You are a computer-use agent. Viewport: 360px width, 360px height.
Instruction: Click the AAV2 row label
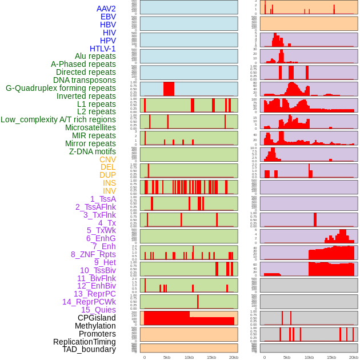point(106,9)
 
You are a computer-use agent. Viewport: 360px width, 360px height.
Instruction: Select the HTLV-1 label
point(102,49)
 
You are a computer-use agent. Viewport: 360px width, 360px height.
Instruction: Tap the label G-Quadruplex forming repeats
point(61,88)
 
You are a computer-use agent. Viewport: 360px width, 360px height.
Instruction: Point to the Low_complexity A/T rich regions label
point(58,119)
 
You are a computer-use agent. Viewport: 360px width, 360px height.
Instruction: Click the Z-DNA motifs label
point(93,151)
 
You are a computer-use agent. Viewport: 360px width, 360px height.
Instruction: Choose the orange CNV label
point(107,159)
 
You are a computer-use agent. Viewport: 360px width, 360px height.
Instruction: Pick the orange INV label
point(109,191)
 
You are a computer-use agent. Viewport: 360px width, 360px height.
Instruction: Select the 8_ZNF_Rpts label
point(93,254)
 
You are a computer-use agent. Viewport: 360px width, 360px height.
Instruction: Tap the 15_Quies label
point(98,310)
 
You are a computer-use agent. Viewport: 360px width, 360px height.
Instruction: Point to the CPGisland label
point(97,318)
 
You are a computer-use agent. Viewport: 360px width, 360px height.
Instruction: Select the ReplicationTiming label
point(84,342)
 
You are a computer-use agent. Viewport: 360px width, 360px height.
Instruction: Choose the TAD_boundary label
point(89,349)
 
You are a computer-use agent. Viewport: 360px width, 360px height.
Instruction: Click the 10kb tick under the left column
point(189,357)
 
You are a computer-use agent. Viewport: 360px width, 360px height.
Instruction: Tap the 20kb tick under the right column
point(354,357)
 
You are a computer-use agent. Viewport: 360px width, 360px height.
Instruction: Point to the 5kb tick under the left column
point(167,357)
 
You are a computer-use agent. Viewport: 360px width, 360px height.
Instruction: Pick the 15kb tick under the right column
point(331,357)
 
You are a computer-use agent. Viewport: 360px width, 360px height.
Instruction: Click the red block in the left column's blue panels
point(169,89)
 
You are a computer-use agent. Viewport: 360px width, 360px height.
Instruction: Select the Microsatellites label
point(90,127)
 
